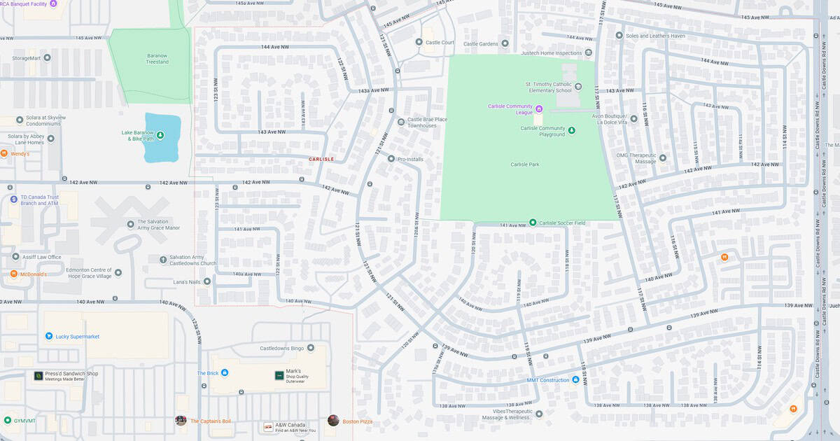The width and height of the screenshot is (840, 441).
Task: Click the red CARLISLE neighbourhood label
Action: tap(322, 159)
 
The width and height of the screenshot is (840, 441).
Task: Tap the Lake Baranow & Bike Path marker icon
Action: tap(160, 135)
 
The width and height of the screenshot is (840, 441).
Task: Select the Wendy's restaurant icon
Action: tap(4, 153)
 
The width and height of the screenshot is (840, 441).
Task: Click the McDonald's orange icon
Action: tap(14, 274)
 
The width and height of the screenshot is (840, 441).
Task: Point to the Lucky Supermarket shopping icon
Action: tap(49, 336)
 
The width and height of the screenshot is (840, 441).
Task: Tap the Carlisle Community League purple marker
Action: tap(539, 108)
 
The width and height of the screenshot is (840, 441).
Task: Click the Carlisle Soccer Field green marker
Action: tap(533, 223)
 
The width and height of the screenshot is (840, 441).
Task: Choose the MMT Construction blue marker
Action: tap(575, 380)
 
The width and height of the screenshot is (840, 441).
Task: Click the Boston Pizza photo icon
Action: tap(333, 421)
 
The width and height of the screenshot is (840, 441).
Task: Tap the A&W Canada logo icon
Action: tap(268, 426)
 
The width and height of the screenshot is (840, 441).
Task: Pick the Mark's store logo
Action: tap(279, 375)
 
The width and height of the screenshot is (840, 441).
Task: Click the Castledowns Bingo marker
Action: tap(311, 348)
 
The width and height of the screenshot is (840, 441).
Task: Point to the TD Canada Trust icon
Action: tap(13, 199)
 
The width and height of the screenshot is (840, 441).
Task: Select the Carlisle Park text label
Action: tap(524, 164)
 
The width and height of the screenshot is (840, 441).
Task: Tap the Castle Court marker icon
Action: tap(419, 43)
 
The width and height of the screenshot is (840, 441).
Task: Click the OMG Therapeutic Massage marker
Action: tap(662, 157)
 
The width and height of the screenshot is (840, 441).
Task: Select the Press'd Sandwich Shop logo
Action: tap(38, 376)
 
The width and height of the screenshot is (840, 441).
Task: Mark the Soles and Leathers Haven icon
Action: tap(619, 36)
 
